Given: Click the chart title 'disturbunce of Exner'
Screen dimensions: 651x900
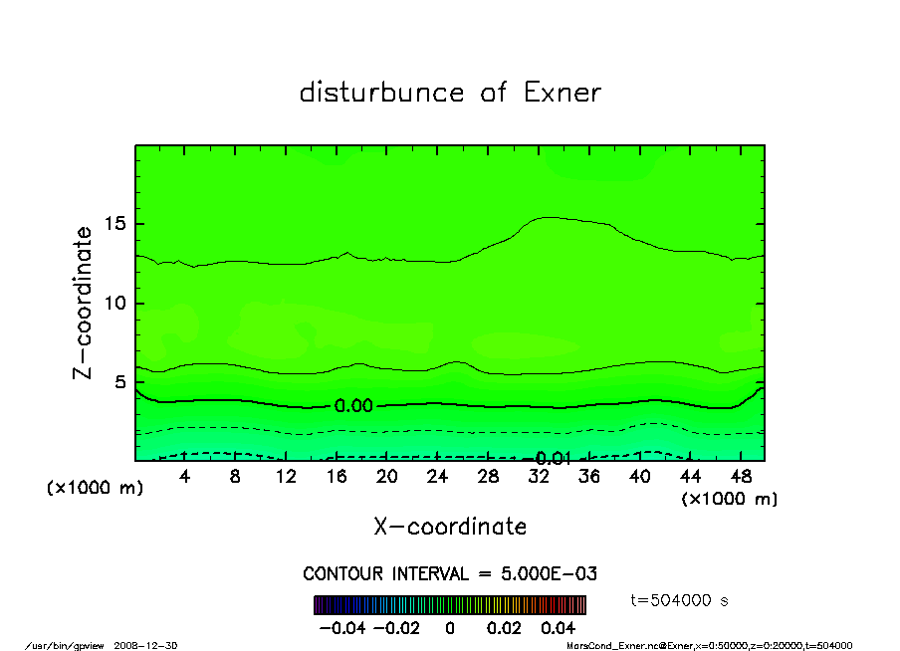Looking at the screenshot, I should (x=450, y=93).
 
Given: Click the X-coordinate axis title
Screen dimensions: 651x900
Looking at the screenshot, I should (x=450, y=527).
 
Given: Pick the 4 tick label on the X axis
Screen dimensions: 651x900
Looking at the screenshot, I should (x=185, y=477).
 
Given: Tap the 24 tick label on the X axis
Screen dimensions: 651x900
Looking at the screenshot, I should (x=437, y=477).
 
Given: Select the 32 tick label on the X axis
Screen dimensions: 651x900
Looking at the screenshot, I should (x=539, y=477).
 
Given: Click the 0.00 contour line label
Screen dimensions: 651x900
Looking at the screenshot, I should (x=353, y=406).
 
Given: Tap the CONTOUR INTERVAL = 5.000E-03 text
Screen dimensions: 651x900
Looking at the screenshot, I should (x=450, y=574).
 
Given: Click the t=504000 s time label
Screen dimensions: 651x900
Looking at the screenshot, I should (x=680, y=600).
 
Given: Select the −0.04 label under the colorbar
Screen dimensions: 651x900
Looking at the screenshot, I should (x=341, y=629).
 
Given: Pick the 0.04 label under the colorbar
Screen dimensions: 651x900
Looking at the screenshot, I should (x=559, y=629).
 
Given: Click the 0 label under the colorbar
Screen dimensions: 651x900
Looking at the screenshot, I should (x=450, y=629).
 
